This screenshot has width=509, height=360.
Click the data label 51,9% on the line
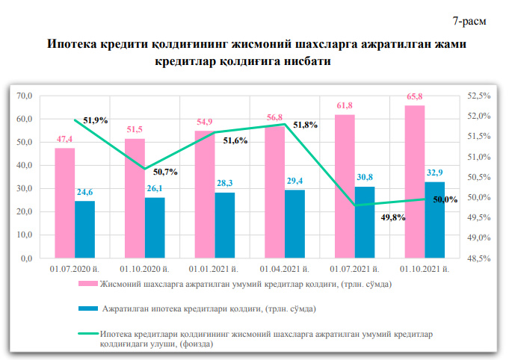[x=96, y=120]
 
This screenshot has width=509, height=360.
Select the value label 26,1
[x=155, y=190]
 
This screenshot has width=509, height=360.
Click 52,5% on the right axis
[x=477, y=96]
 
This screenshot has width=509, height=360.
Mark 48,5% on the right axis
[x=477, y=258]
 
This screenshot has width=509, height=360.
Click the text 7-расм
[x=469, y=19]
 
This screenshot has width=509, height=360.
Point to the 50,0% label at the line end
[x=445, y=199]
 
